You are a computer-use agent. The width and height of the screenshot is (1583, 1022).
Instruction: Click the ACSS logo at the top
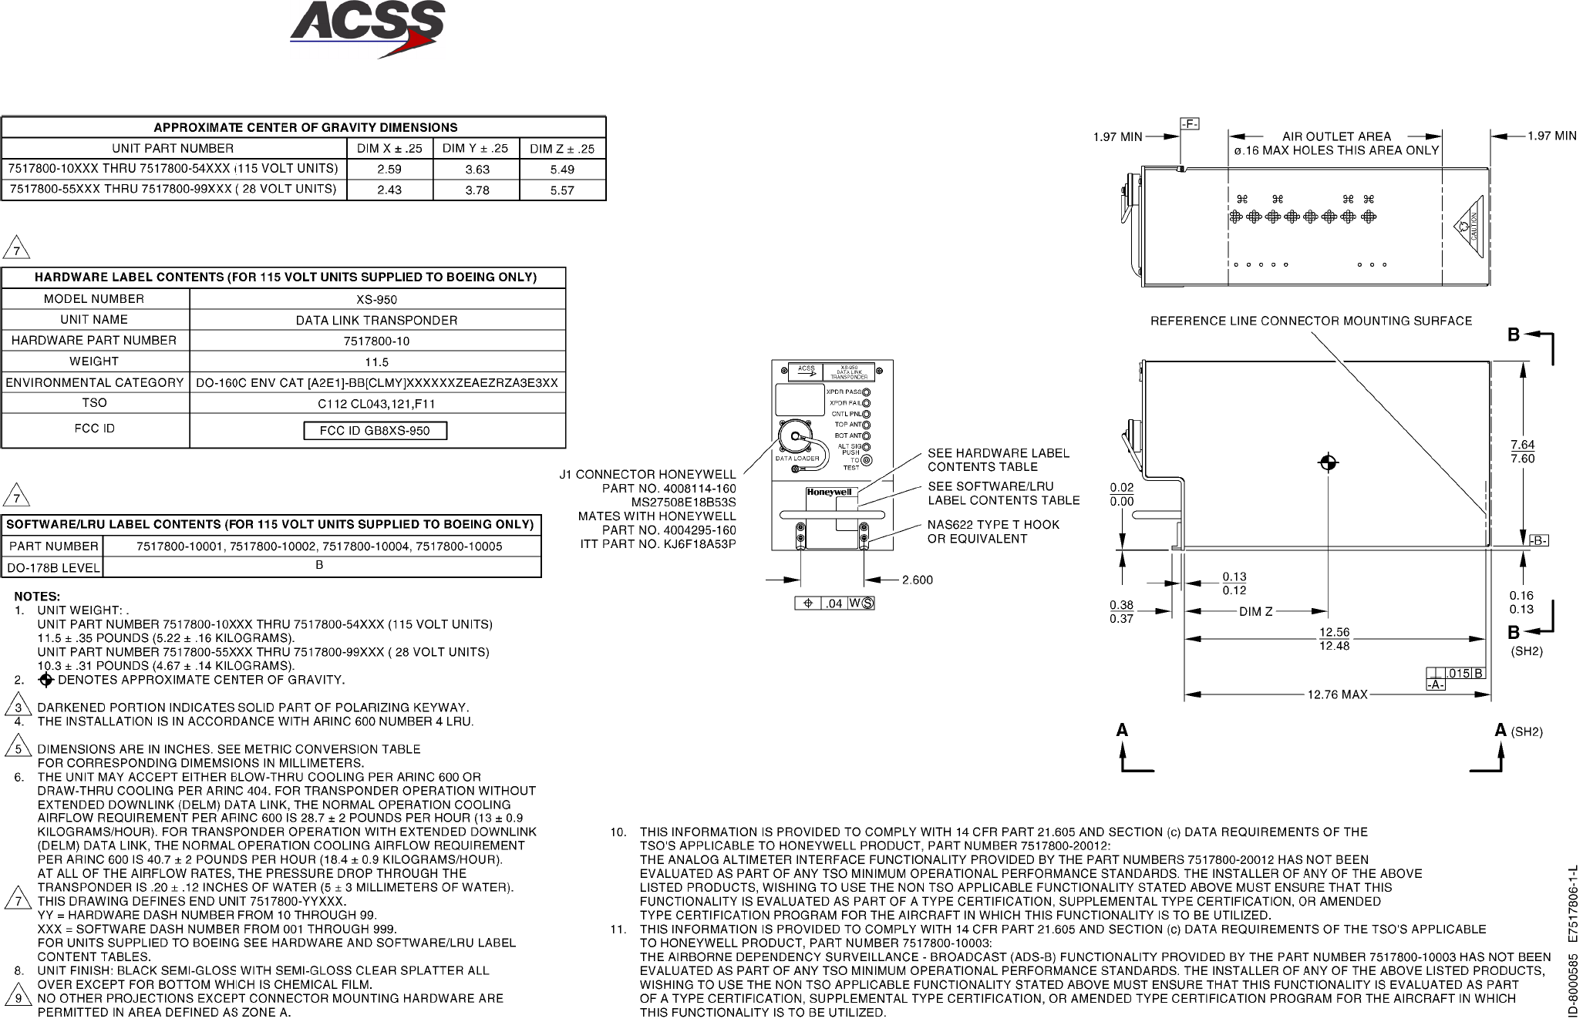point(367,29)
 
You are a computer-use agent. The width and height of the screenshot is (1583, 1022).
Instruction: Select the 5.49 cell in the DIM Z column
point(562,170)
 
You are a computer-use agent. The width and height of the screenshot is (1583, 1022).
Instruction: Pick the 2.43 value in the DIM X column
point(389,190)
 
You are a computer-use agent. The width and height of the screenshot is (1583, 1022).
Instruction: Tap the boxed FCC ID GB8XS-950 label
point(375,431)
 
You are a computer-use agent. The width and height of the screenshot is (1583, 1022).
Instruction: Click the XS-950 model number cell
point(377,300)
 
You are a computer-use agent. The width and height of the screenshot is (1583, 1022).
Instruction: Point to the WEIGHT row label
point(94,361)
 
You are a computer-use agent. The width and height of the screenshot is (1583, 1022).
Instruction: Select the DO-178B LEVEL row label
point(53,569)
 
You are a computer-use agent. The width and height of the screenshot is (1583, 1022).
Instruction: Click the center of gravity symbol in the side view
point(1328,462)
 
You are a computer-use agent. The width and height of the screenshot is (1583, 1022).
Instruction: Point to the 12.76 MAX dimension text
point(1337,694)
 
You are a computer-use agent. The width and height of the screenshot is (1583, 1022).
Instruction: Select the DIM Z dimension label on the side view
point(1255,612)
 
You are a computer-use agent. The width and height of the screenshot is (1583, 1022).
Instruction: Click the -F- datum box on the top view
point(1189,124)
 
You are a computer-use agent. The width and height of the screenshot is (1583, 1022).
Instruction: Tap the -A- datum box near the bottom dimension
point(1436,684)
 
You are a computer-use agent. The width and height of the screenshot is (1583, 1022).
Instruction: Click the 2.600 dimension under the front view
point(918,580)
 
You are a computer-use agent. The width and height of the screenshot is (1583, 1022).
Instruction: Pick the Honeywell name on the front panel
point(829,493)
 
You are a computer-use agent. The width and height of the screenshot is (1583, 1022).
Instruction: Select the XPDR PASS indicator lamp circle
point(867,392)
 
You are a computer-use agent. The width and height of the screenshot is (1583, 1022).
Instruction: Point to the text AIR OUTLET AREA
point(1336,136)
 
